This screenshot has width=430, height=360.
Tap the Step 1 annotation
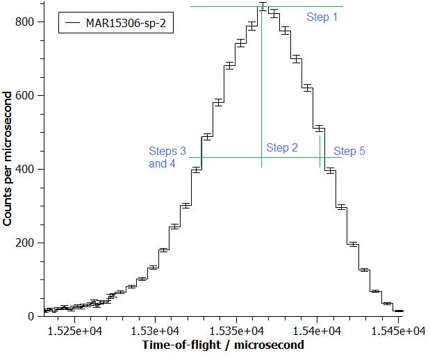click(x=322, y=17)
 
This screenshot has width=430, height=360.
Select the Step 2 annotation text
click(x=282, y=147)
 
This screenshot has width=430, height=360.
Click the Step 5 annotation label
click(x=349, y=152)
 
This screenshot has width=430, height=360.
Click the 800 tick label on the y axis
click(x=25, y=22)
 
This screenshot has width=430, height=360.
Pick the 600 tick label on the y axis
click(x=25, y=95)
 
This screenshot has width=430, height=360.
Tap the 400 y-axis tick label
click(x=25, y=169)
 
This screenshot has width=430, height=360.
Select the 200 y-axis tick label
click(x=25, y=243)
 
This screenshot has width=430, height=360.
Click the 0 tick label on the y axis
click(x=31, y=316)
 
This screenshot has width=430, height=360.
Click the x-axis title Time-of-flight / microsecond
click(x=222, y=345)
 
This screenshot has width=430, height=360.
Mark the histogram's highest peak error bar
click(x=262, y=7)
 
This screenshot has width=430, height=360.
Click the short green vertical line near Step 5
click(x=320, y=151)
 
